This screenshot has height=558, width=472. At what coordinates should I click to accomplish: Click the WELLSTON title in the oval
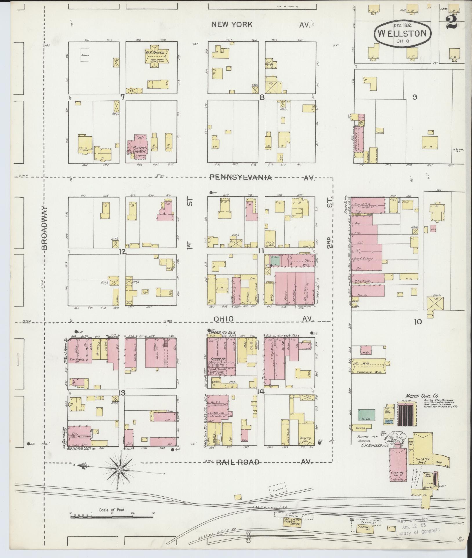coord(403,33)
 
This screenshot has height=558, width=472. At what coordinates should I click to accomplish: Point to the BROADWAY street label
coord(44,228)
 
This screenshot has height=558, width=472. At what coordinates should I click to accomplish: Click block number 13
coord(122,393)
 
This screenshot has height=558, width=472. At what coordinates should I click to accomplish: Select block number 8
coord(262,98)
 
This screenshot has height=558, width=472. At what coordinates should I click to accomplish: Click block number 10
coord(418,322)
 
